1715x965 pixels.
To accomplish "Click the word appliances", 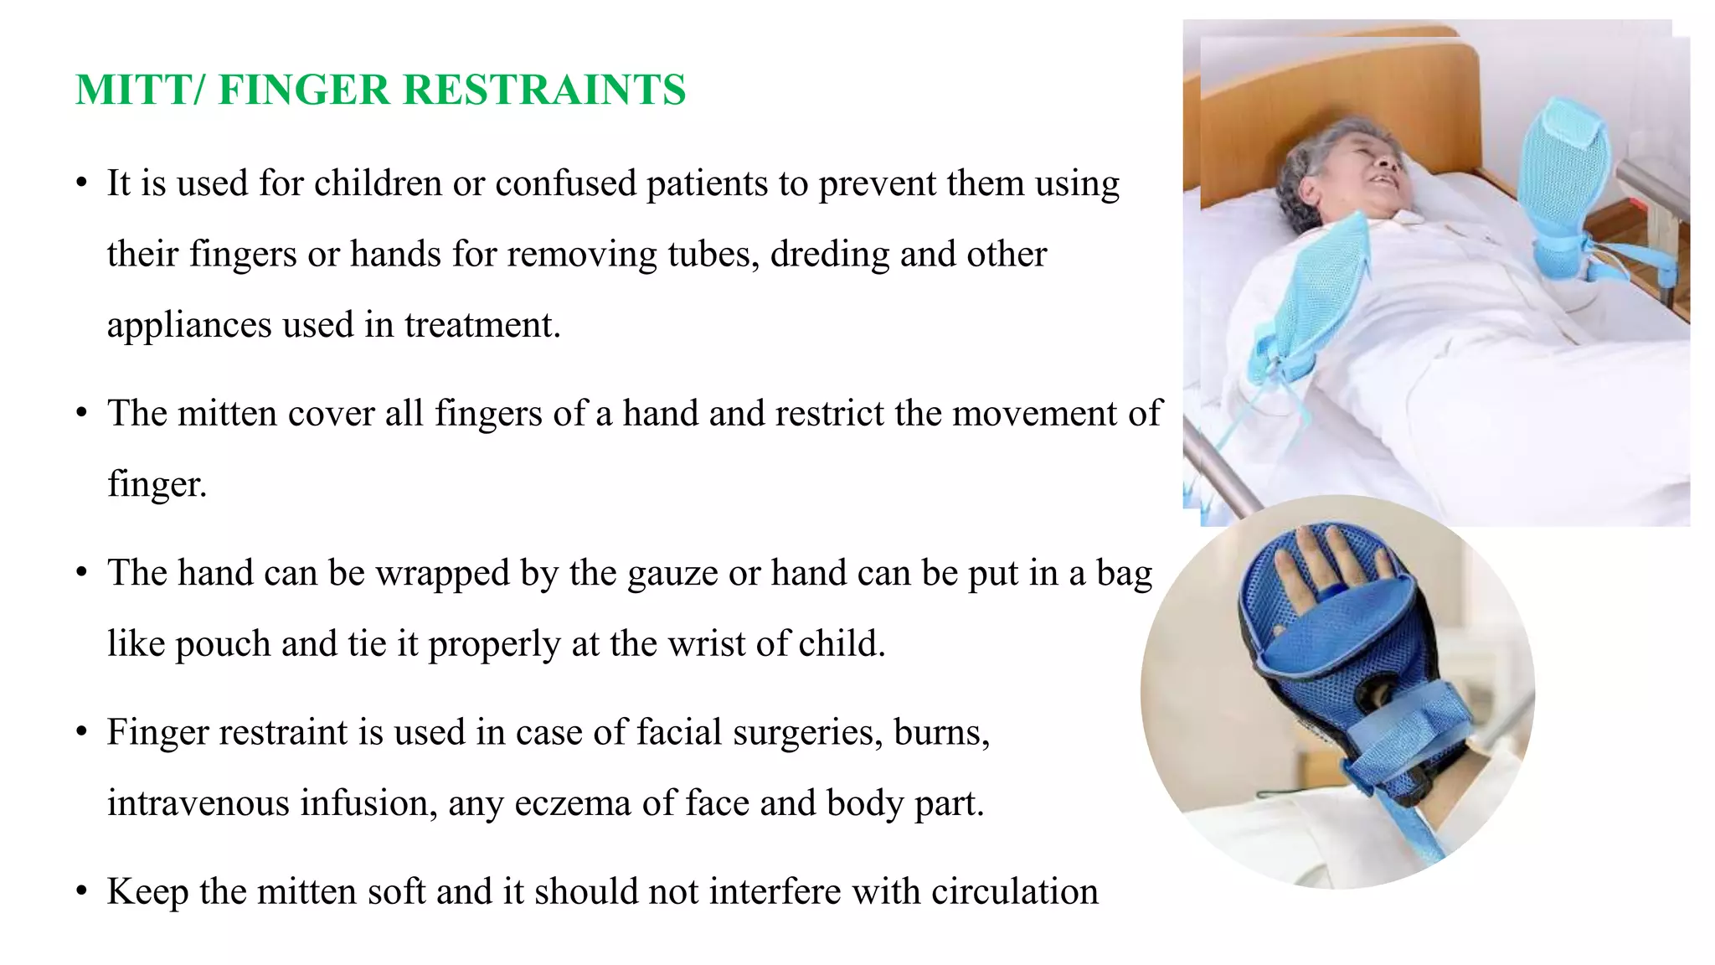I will pyautogui.click(x=189, y=326).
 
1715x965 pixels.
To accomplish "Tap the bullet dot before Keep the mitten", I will pyautogui.click(x=81, y=891).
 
